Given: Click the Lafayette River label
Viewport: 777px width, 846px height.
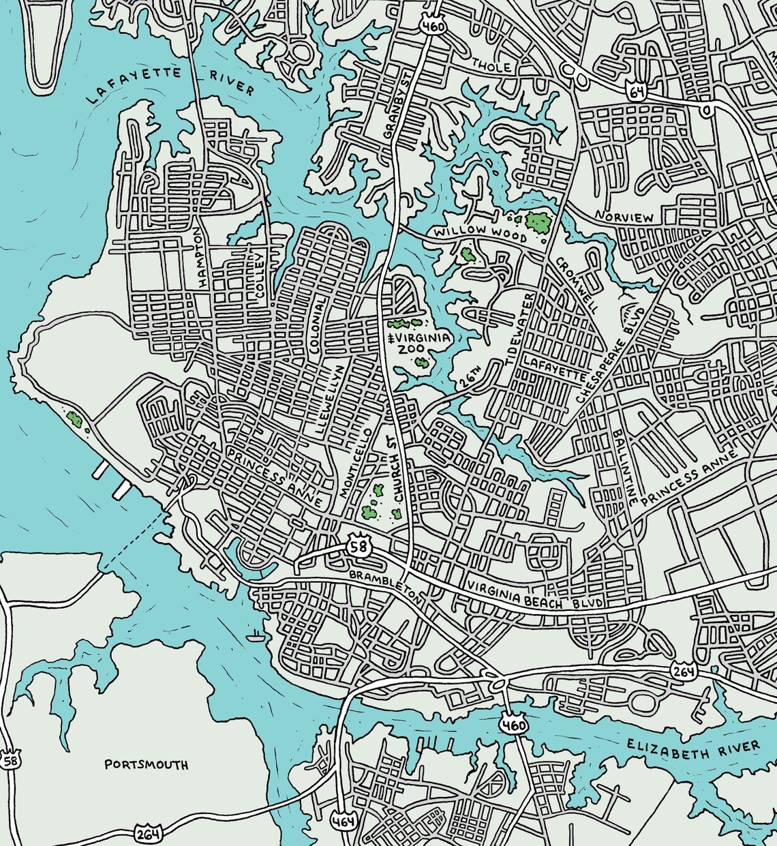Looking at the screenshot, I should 170,85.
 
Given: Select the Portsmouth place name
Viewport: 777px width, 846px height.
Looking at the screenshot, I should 146,764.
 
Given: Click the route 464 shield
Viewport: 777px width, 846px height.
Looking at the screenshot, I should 343,821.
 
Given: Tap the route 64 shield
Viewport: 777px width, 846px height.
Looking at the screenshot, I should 637,92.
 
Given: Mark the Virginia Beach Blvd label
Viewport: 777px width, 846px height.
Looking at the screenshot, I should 535,595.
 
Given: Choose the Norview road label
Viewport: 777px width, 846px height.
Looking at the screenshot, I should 624,217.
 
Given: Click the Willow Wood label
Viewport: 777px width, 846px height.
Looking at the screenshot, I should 481,233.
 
